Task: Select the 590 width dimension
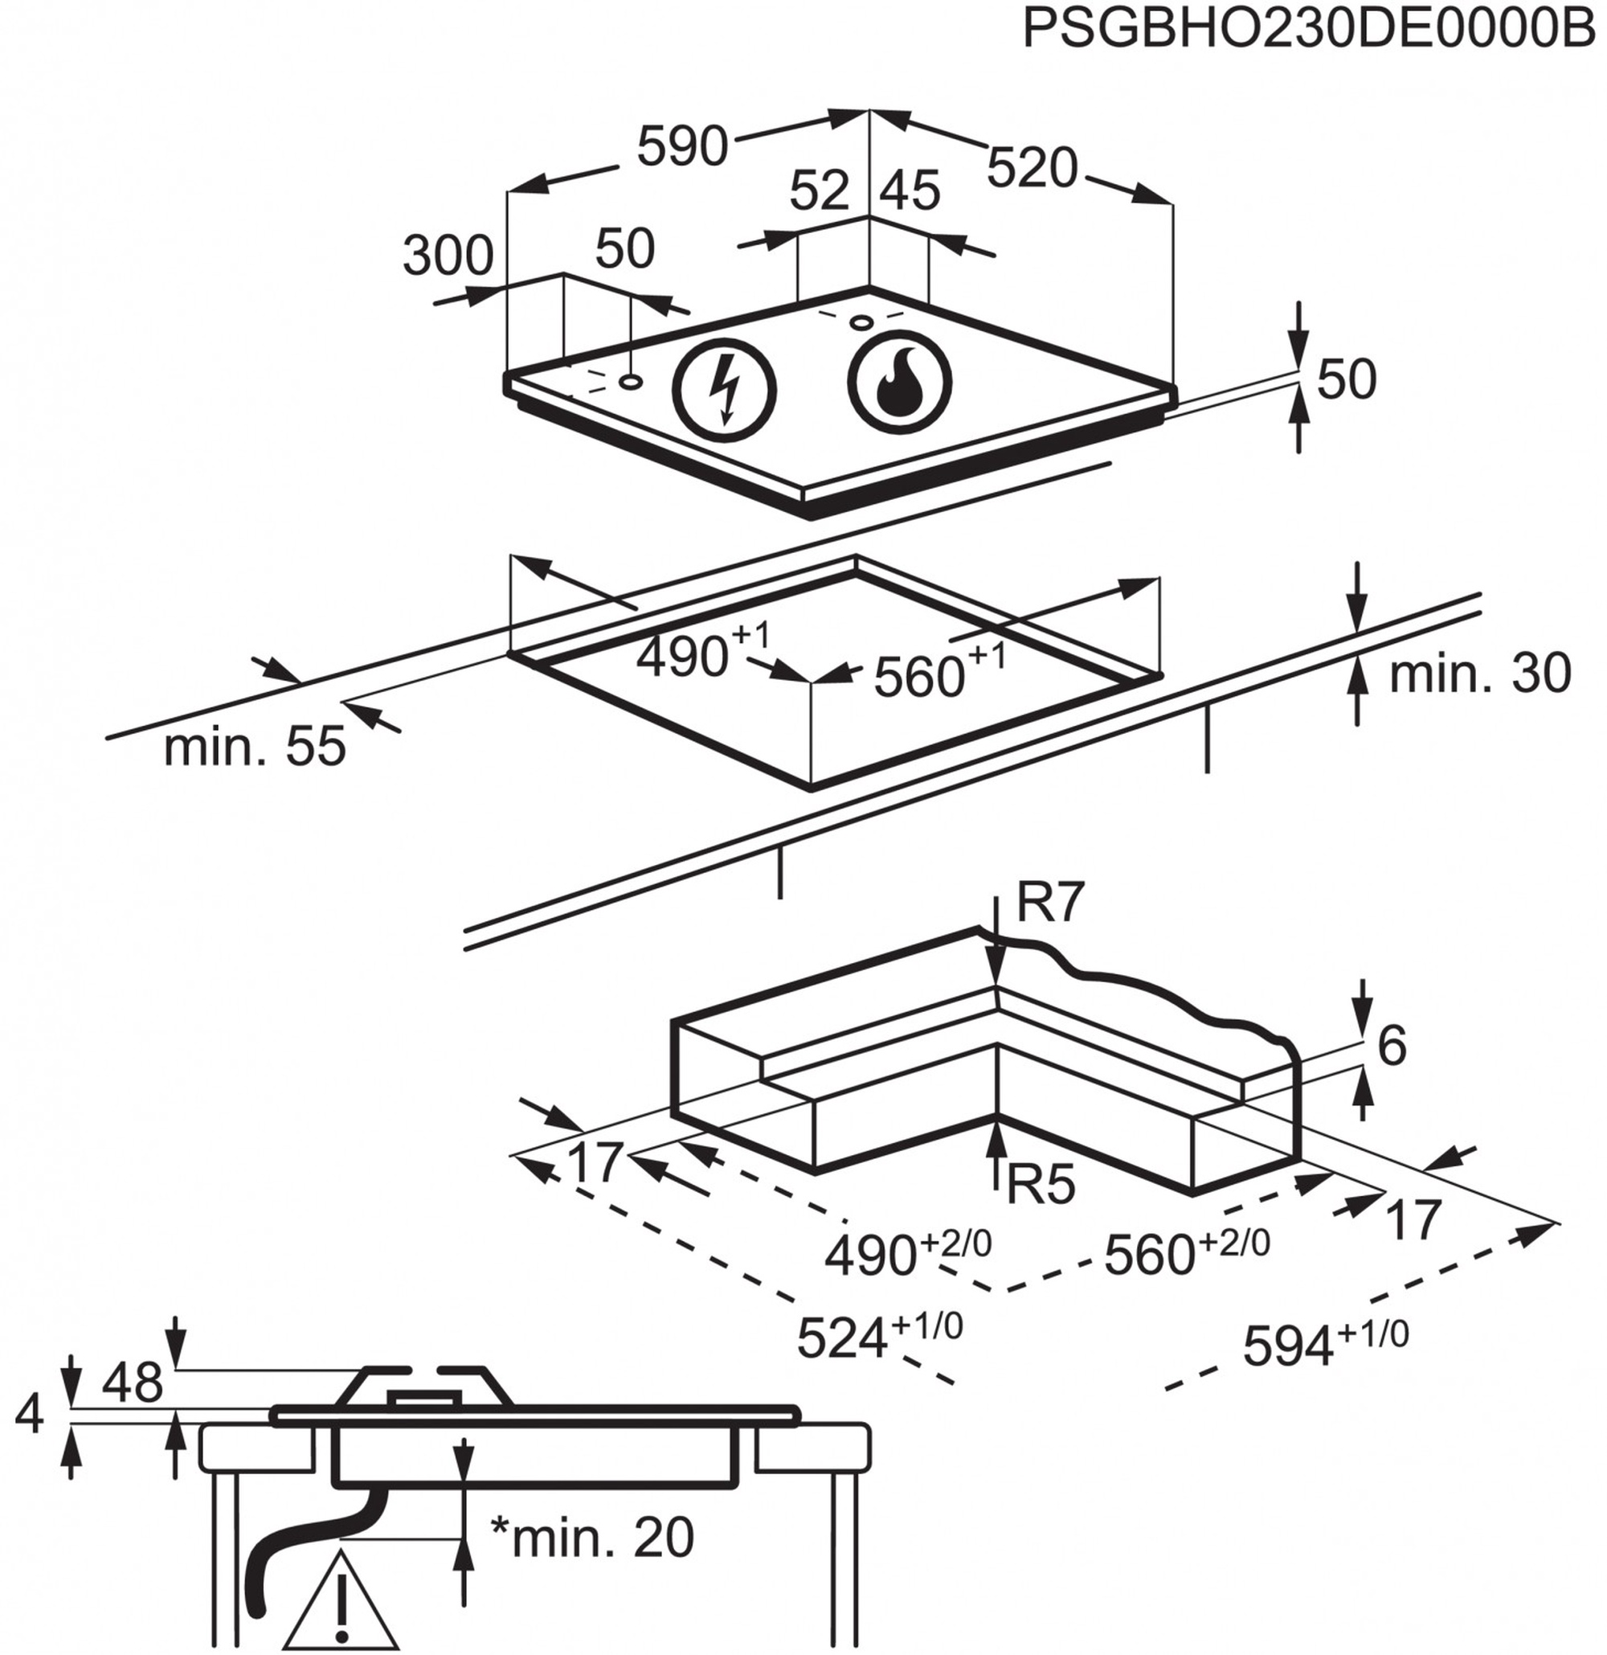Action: tap(682, 145)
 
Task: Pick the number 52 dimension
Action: tap(820, 190)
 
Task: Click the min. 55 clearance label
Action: tap(255, 747)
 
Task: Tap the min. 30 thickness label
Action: tap(1479, 673)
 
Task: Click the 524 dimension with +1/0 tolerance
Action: tap(878, 1337)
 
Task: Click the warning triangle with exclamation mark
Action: tap(341, 1610)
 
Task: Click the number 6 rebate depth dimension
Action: tap(1391, 1047)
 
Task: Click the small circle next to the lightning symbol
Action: tap(630, 382)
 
